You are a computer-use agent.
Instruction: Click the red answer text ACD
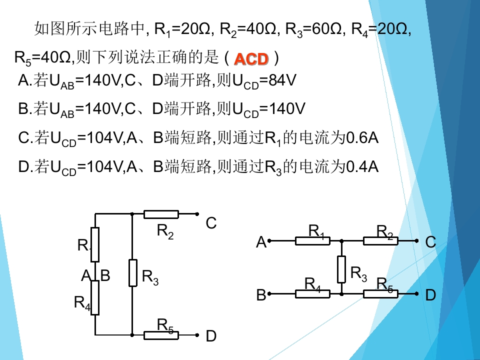pyautogui.click(x=251, y=59)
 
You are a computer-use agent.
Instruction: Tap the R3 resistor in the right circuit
pyautogui.click(x=341, y=269)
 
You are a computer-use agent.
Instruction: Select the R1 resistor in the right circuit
pyautogui.click(x=312, y=241)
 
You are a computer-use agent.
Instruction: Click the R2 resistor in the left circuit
pyautogui.click(x=161, y=214)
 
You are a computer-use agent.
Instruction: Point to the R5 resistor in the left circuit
pyautogui.click(x=161, y=335)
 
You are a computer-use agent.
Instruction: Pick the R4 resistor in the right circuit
pyautogui.click(x=312, y=294)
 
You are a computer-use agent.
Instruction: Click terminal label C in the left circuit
pyautogui.click(x=211, y=223)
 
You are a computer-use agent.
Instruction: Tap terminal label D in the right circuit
pyautogui.click(x=430, y=295)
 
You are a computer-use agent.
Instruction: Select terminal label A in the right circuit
pyautogui.click(x=261, y=242)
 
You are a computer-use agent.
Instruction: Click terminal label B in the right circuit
pyautogui.click(x=261, y=295)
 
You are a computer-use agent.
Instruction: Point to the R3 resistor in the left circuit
pyautogui.click(x=132, y=273)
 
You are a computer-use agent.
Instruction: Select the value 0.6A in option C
pyautogui.click(x=362, y=138)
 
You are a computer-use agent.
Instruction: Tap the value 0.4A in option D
pyautogui.click(x=362, y=167)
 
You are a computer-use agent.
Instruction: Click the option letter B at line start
pyautogui.click(x=23, y=108)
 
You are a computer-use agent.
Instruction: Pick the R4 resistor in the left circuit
pyautogui.click(x=95, y=297)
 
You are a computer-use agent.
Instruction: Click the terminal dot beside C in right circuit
pyautogui.click(x=416, y=241)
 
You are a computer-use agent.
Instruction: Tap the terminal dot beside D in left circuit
pyautogui.click(x=197, y=335)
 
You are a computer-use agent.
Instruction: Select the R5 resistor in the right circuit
pyautogui.click(x=380, y=294)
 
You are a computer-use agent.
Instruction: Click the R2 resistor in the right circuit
pyautogui.click(x=380, y=241)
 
